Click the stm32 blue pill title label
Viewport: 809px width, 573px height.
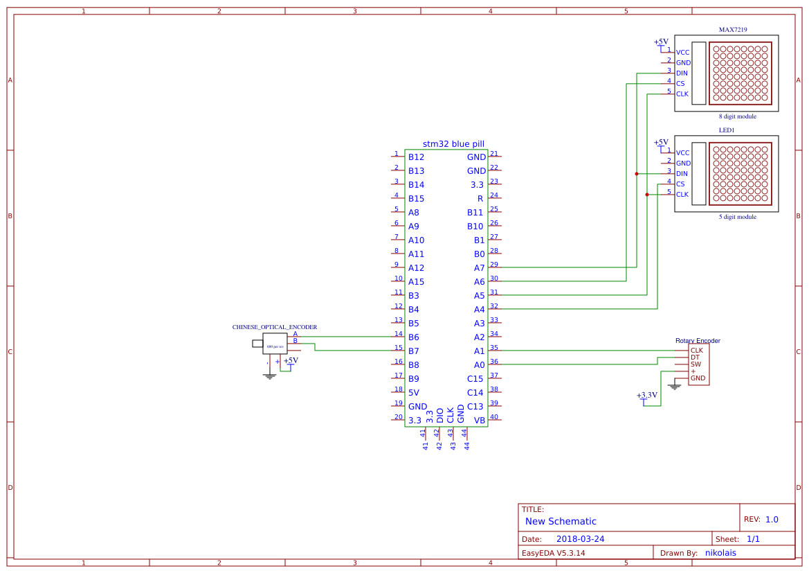pyautogui.click(x=453, y=144)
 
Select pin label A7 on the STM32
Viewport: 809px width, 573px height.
pyautogui.click(x=479, y=268)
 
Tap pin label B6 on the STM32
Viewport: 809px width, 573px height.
pyautogui.click(x=413, y=337)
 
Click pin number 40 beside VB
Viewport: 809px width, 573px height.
pyautogui.click(x=494, y=417)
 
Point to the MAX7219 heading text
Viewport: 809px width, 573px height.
pyautogui.click(x=732, y=30)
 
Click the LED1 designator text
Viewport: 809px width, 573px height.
pyautogui.click(x=726, y=130)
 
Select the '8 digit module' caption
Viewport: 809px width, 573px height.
pyautogui.click(x=737, y=116)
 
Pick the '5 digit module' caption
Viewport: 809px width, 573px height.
pyautogui.click(x=737, y=217)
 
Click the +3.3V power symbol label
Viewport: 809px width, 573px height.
pyautogui.click(x=646, y=395)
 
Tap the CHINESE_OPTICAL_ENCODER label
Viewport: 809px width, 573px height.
pyautogui.click(x=274, y=327)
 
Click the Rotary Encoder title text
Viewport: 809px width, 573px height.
pyautogui.click(x=698, y=341)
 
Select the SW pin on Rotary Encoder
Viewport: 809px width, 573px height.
pyautogui.click(x=696, y=364)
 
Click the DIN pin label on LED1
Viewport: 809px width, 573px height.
pyautogui.click(x=682, y=174)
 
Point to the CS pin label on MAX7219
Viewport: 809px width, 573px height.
pyautogui.click(x=680, y=84)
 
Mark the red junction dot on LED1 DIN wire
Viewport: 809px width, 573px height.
pyautogui.click(x=637, y=174)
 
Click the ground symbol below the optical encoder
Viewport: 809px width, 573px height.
pyautogui.click(x=269, y=376)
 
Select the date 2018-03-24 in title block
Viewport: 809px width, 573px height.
pyautogui.click(x=580, y=539)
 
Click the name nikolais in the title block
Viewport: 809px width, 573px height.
pyautogui.click(x=720, y=553)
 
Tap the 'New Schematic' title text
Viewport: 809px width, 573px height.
pyautogui.click(x=561, y=522)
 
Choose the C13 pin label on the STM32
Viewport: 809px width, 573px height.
pyautogui.click(x=475, y=407)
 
